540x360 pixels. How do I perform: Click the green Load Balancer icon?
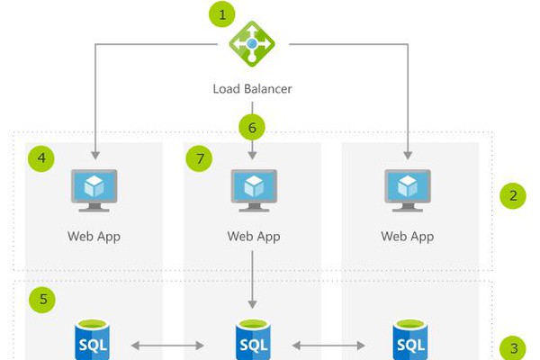[x=252, y=43]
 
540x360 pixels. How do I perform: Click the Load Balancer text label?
[x=252, y=88]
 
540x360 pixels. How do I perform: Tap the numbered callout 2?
[x=513, y=195]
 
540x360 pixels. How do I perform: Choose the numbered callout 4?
[x=40, y=159]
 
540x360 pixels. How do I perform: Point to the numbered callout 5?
[x=40, y=298]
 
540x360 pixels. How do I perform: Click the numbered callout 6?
[x=252, y=127]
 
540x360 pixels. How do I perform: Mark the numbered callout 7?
[x=199, y=159]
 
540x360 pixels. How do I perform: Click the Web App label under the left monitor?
[x=94, y=237]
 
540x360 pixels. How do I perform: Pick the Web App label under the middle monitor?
[x=252, y=237]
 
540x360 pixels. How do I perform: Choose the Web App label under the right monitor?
[x=409, y=237]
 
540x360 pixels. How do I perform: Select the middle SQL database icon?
[x=252, y=341]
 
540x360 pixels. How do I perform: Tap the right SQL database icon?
[x=409, y=341]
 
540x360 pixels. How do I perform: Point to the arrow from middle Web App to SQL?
[x=252, y=279]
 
